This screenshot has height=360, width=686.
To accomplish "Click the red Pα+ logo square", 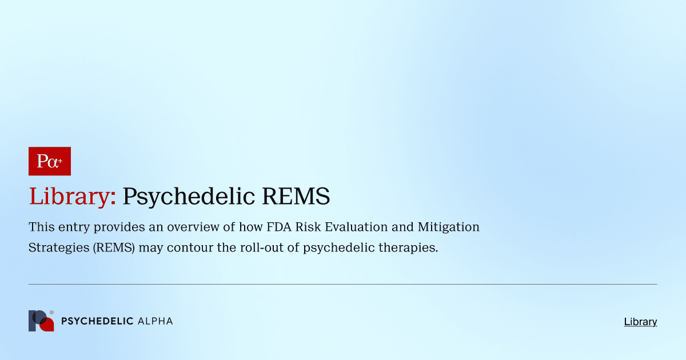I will click(x=50, y=161).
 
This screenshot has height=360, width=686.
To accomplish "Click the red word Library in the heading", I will click(x=73, y=197).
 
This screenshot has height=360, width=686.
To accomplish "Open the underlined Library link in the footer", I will click(x=640, y=322).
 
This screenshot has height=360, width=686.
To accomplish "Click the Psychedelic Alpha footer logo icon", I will click(x=41, y=321).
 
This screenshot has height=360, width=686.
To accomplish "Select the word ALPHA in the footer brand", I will click(x=155, y=321).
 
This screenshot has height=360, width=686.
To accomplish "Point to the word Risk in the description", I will click(x=312, y=227).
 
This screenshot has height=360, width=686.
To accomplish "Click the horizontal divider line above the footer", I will click(x=343, y=284).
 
